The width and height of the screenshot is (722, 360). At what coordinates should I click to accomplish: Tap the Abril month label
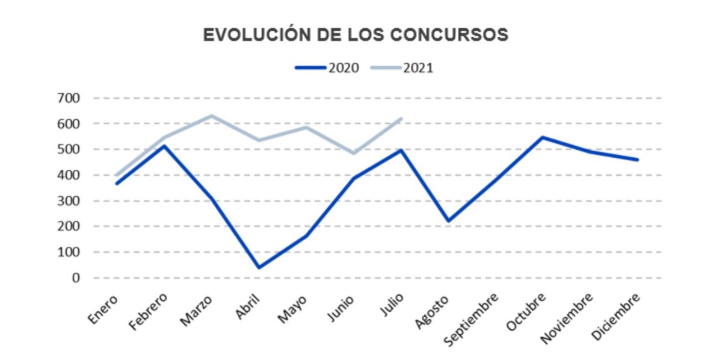click(248, 307)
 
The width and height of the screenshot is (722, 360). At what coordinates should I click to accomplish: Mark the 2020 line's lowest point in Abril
click(259, 267)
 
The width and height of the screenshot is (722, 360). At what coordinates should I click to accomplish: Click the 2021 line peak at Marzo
click(211, 116)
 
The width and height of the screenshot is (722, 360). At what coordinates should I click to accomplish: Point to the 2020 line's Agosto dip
click(448, 221)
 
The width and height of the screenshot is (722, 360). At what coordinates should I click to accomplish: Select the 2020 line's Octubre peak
click(543, 137)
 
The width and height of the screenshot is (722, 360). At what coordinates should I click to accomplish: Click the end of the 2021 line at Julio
click(401, 119)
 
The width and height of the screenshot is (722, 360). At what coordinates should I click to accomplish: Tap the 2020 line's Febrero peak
click(164, 146)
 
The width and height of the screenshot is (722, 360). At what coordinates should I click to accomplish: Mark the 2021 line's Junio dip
click(353, 153)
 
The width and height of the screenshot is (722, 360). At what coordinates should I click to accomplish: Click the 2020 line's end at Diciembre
click(637, 160)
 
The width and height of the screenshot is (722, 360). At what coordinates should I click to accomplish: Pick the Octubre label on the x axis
click(527, 312)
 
